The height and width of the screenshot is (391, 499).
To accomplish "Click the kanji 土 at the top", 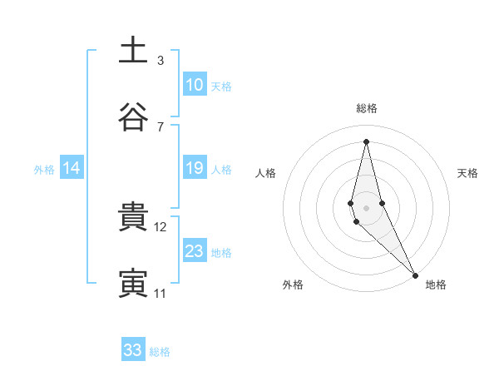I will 133,50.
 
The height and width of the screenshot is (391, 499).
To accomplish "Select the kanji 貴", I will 133,217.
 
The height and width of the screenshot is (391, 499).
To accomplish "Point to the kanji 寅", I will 133,284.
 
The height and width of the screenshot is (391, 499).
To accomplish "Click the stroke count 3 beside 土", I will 161,60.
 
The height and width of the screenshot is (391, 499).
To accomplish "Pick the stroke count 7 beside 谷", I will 161,126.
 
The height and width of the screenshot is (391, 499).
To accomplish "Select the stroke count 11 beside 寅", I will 161,294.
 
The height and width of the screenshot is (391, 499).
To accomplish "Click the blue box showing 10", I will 195,85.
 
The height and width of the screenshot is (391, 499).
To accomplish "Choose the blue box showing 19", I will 195,169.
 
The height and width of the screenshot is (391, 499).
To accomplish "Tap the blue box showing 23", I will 195,251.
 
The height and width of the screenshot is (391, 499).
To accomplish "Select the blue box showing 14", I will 72,169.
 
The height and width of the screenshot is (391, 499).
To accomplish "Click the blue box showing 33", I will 133,350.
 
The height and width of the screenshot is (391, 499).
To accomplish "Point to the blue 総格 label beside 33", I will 160,352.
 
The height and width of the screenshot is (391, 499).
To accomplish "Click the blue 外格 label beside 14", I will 44,170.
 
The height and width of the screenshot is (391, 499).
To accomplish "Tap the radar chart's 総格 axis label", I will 367,108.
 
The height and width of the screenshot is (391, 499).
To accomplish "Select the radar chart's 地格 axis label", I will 436,285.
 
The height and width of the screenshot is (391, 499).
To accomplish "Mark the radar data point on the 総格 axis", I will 367,141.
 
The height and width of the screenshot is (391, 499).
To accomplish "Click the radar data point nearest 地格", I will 415,275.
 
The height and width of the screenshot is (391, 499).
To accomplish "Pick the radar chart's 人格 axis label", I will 265,173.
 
